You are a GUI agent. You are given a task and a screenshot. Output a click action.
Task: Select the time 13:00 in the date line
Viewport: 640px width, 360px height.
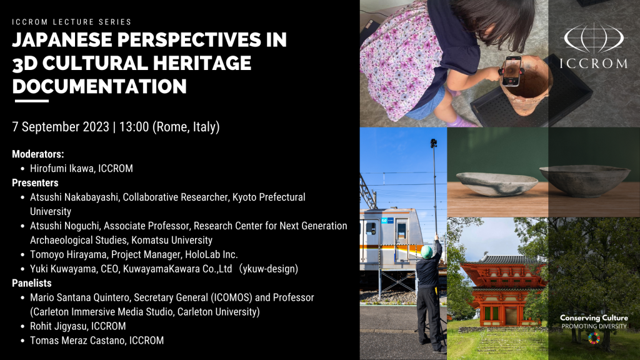(x=134, y=127)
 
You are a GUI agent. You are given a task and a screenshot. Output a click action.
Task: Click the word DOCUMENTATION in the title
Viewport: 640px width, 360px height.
(x=100, y=86)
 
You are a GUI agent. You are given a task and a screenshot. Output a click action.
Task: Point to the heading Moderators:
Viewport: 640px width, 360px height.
(x=38, y=154)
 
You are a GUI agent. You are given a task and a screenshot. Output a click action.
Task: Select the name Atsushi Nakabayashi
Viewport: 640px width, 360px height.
(x=74, y=197)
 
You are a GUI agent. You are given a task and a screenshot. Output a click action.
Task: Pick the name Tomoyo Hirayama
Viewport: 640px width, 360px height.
(x=69, y=254)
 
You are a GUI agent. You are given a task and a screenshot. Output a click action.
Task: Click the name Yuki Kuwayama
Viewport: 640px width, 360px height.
(x=63, y=269)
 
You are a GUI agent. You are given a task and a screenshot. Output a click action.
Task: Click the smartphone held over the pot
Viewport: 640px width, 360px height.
(x=511, y=70)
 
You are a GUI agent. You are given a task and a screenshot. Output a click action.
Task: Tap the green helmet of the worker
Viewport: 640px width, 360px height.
(x=427, y=251)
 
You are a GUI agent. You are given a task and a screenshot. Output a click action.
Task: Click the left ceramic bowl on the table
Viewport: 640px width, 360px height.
(x=496, y=182)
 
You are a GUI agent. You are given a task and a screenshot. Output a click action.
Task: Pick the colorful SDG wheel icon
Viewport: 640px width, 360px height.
(x=593, y=338)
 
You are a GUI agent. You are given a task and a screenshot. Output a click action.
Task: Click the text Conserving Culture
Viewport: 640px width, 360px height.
(x=594, y=318)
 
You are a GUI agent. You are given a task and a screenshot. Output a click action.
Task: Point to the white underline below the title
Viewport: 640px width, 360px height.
(x=31, y=101)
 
